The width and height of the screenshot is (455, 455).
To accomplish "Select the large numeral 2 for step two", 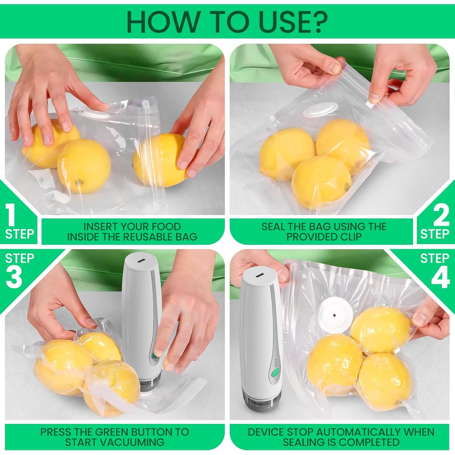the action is pos(441,215).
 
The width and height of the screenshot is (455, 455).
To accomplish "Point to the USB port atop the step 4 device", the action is pos(259,276).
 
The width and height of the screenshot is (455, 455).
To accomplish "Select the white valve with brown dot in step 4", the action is pos(335,315).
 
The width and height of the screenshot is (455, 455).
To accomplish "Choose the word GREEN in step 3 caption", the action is pos(112,432).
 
